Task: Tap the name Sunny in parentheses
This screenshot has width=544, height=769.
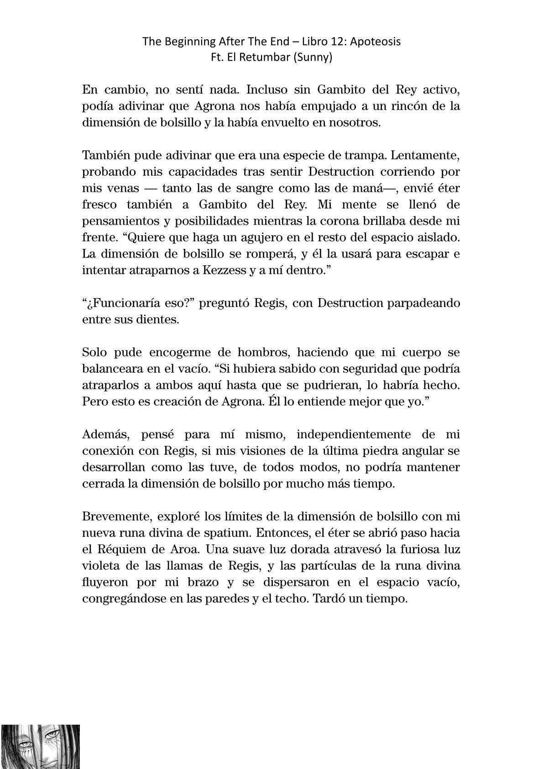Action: pos(314,58)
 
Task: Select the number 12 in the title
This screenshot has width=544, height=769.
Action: pos(334,42)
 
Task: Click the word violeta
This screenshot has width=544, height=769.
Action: pos(100,565)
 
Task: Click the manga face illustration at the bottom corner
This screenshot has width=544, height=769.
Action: pos(40,746)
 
